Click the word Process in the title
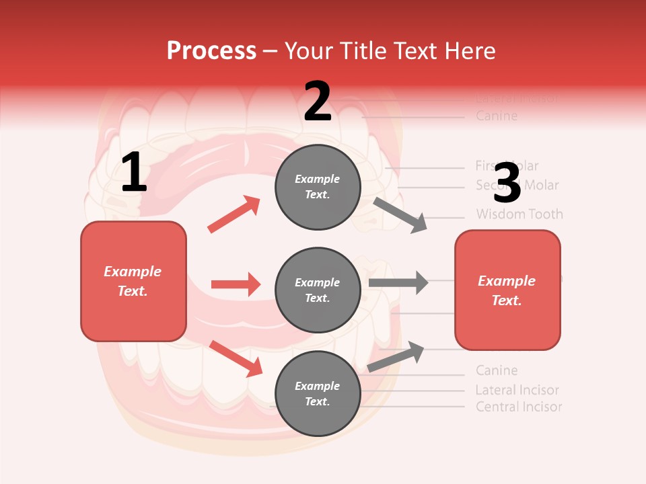click(x=211, y=51)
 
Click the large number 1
click(x=134, y=173)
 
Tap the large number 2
click(x=318, y=102)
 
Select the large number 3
click(x=507, y=184)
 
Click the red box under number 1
click(x=133, y=281)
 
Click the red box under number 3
click(x=507, y=290)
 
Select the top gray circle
click(x=318, y=187)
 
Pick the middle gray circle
click(x=318, y=290)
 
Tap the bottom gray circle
click(x=318, y=393)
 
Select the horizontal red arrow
click(x=236, y=284)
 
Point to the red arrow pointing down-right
click(x=236, y=358)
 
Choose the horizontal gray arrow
click(x=398, y=282)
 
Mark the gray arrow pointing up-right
click(x=396, y=357)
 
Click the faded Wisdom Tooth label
click(x=519, y=214)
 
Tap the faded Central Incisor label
click(x=518, y=407)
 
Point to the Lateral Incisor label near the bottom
click(x=517, y=390)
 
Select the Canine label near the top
click(x=497, y=116)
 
